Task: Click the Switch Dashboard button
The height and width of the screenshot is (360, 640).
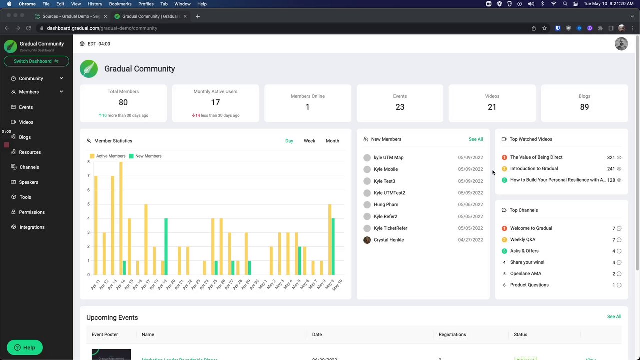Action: pos(36,61)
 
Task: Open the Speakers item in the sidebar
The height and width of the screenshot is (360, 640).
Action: pos(28,182)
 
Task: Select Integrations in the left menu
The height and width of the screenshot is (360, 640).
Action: pos(31,227)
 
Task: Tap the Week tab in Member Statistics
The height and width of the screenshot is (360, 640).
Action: pos(309,141)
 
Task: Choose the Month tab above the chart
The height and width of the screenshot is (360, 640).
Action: pos(332,141)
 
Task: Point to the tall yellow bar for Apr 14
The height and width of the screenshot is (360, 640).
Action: pos(120,220)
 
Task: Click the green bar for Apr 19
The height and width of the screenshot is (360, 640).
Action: pos(166,246)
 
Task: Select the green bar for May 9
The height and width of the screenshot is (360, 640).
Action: pos(333,246)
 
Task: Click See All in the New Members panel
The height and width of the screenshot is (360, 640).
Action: pos(476,139)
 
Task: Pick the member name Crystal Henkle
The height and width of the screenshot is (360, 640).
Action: pos(388,240)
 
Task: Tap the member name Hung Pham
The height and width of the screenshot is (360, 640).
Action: pos(386,205)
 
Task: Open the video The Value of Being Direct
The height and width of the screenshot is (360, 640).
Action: pos(536,157)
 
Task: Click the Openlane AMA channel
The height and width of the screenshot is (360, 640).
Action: pos(525,274)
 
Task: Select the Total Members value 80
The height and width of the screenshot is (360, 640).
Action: pos(123,102)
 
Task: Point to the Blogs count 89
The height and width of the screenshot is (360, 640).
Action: pos(584,107)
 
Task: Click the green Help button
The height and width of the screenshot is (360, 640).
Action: pos(25,348)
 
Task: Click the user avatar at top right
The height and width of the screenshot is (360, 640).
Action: pos(621,44)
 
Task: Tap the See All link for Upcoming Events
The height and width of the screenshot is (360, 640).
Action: pos(614,317)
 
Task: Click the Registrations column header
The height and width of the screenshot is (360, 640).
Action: pos(452,335)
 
